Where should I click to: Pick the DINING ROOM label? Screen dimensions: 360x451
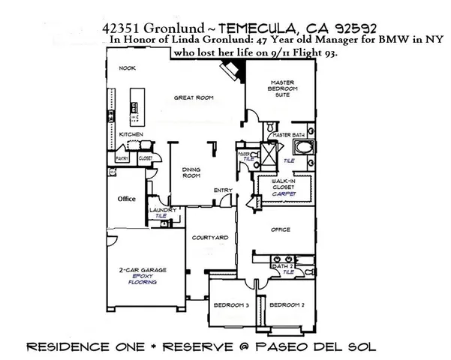191,173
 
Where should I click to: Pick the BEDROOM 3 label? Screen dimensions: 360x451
233,304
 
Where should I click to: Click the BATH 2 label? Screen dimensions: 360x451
282,266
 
